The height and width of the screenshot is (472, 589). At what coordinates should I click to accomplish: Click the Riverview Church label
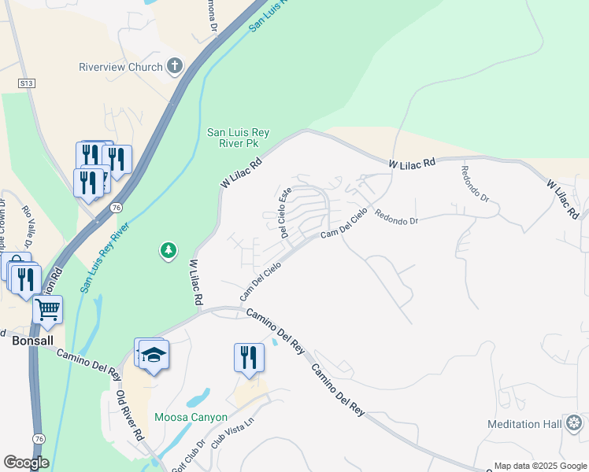click(120, 67)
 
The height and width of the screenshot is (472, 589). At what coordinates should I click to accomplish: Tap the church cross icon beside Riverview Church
click(174, 67)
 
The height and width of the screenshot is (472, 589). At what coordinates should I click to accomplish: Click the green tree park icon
click(168, 251)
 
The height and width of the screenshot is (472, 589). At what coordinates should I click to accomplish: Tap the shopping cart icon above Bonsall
click(48, 310)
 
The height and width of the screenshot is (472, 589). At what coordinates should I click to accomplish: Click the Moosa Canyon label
click(191, 417)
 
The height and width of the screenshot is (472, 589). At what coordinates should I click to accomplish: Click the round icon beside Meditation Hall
click(575, 424)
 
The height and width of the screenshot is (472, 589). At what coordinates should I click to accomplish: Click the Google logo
click(26, 463)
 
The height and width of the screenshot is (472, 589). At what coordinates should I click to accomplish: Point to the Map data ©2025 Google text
click(539, 466)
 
